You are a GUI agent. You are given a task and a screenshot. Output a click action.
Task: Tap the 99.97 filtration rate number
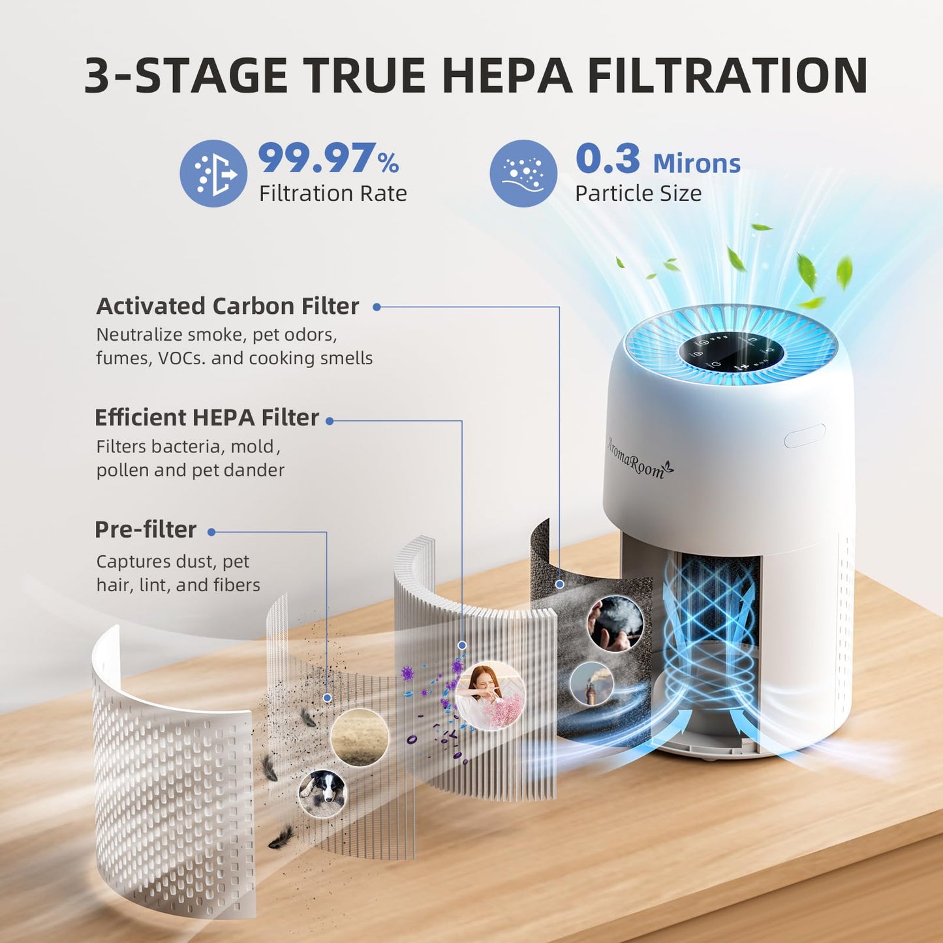click(x=317, y=159)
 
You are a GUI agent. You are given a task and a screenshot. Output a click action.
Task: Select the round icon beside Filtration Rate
click(x=213, y=174)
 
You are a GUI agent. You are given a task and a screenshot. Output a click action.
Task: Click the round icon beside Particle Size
click(x=523, y=174)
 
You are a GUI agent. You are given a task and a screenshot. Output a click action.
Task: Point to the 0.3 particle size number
click(x=608, y=159)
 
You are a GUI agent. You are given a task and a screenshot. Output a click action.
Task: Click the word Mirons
click(x=696, y=163)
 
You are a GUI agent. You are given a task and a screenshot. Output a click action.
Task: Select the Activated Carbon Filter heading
click(x=228, y=306)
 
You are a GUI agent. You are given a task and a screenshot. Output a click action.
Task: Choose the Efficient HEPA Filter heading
click(x=207, y=418)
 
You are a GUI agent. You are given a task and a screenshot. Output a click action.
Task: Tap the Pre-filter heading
click(x=146, y=529)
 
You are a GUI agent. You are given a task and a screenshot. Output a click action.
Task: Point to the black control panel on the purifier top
click(x=731, y=353)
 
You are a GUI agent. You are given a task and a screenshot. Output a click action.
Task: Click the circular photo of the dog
click(x=322, y=793)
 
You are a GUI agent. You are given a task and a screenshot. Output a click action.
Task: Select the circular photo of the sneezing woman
click(x=490, y=695)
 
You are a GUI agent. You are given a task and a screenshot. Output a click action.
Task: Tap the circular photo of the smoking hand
click(x=615, y=623)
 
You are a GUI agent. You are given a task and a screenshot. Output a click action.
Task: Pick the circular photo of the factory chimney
click(x=591, y=684)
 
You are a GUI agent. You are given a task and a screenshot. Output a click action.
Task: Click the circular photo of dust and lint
click(x=360, y=737)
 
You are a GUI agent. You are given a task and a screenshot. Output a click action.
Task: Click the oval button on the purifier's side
click(x=805, y=435)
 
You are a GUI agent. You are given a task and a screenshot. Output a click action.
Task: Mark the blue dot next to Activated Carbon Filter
click(x=377, y=307)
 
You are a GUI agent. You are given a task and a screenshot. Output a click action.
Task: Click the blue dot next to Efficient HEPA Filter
click(x=330, y=421)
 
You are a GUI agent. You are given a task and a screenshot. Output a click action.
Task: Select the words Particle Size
click(x=638, y=193)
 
